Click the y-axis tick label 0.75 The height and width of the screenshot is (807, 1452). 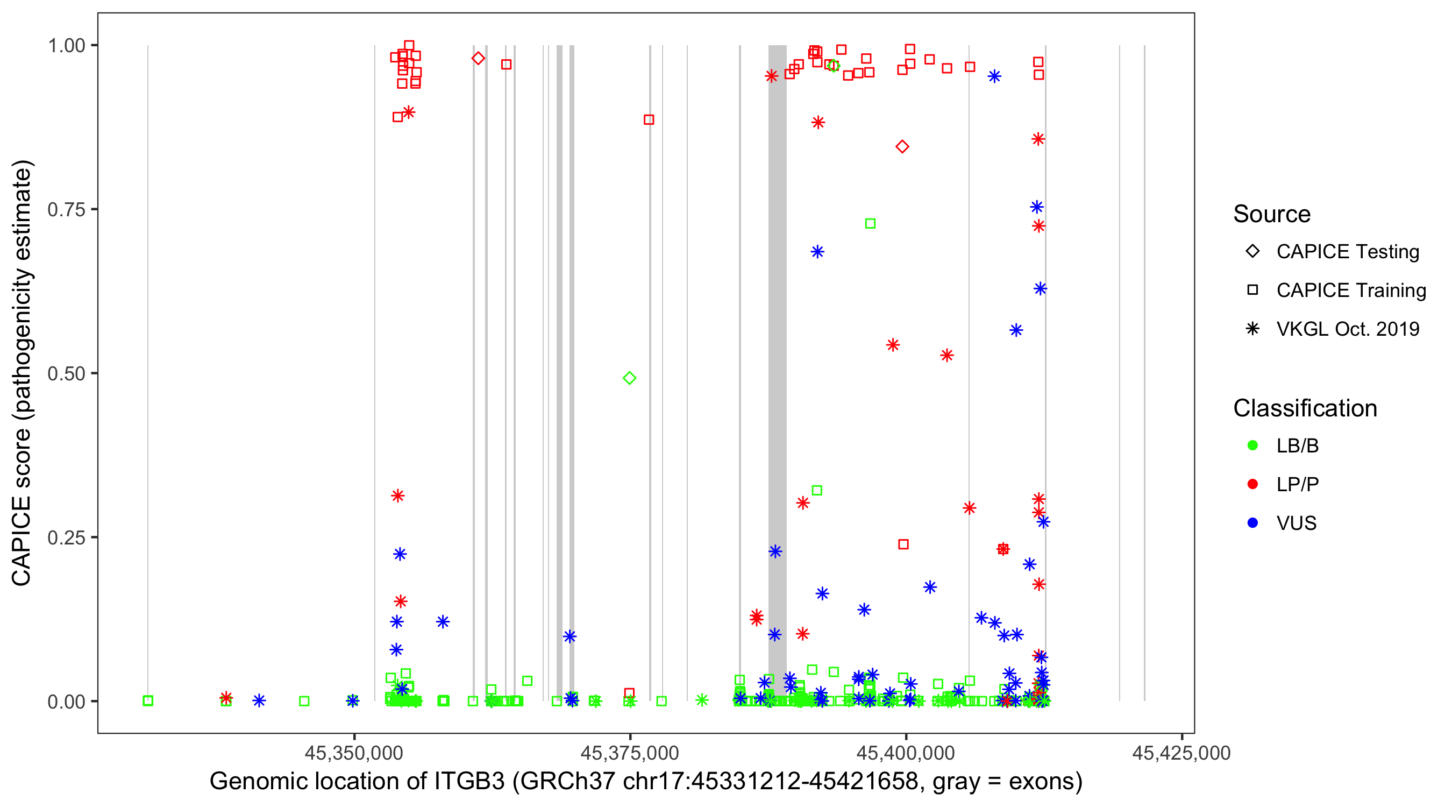(x=66, y=210)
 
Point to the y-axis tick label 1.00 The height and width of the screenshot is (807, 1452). (x=66, y=46)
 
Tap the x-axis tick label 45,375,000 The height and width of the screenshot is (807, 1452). (x=630, y=753)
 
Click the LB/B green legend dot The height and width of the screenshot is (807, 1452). (x=1252, y=445)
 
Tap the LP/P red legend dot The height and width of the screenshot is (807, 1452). (x=1252, y=484)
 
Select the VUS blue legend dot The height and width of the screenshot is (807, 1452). (x=1252, y=523)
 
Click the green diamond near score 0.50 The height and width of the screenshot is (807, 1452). (x=630, y=378)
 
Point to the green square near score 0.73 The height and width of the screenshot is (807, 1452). (x=870, y=224)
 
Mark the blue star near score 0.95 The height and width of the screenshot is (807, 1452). (x=994, y=76)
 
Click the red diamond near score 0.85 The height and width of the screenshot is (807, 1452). (x=902, y=147)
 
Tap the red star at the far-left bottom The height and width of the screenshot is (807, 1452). (x=226, y=698)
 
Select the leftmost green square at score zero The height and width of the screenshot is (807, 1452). (x=148, y=700)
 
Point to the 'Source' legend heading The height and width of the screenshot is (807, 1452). (x=1272, y=214)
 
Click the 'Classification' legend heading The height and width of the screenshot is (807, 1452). (x=1305, y=408)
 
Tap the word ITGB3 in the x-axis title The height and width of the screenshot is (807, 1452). (x=469, y=782)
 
